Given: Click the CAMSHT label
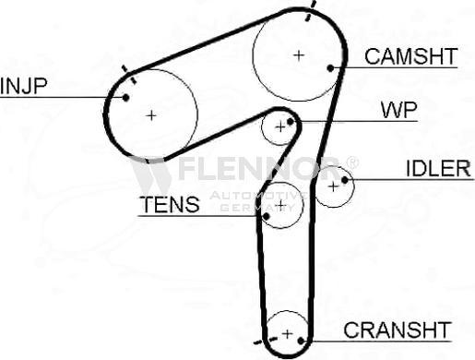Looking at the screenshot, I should [410, 56].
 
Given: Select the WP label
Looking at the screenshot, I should [398, 111].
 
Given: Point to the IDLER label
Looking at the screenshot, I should [438, 169].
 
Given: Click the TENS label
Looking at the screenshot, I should [168, 205].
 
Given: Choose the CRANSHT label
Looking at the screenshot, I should [397, 330].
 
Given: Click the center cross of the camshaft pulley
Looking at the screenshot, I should [298, 55].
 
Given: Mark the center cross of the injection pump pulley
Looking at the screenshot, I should [151, 114].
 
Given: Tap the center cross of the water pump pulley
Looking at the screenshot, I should [280, 126].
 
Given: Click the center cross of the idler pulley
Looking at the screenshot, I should [333, 186].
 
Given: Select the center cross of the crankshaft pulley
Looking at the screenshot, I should [288, 333].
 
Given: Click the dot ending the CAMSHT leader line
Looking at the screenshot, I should [331, 67].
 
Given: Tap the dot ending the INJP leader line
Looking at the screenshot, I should [124, 96].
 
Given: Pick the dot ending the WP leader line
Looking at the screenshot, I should [291, 121].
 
